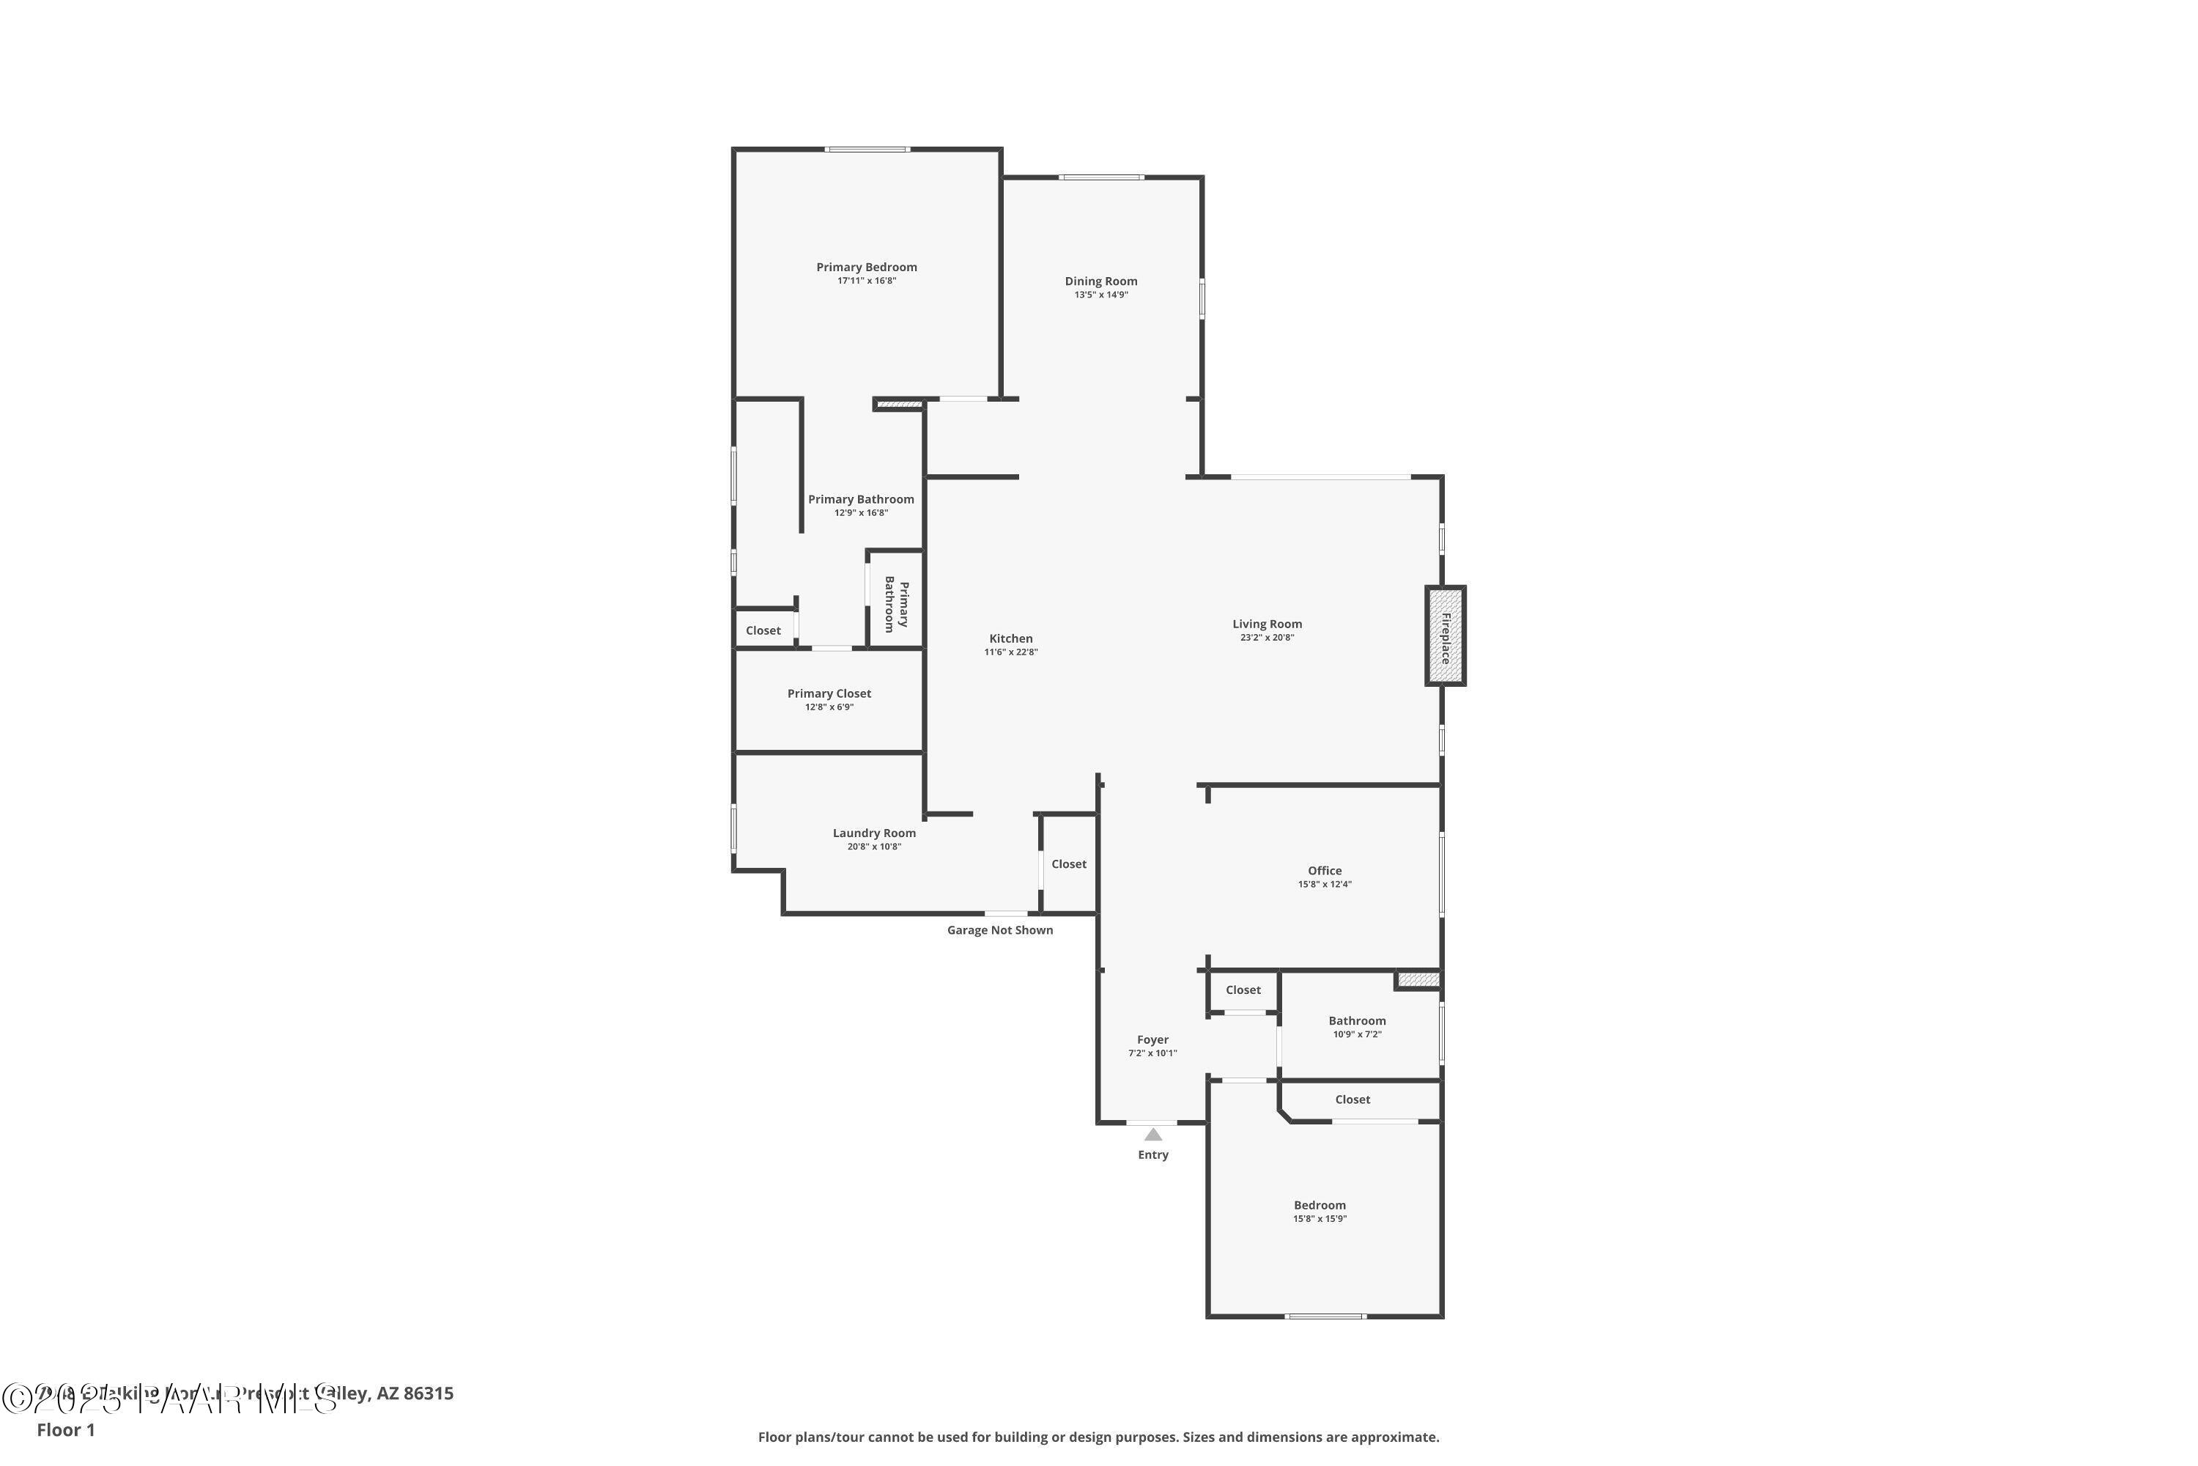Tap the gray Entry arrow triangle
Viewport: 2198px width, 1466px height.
click(x=1153, y=1135)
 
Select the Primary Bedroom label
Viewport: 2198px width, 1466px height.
click(x=866, y=268)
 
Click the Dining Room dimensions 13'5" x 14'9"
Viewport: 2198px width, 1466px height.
click(x=1101, y=295)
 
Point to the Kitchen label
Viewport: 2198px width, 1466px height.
click(x=1010, y=638)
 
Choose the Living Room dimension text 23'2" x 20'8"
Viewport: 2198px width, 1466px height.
click(x=1266, y=638)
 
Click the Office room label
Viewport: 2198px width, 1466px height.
click(x=1324, y=871)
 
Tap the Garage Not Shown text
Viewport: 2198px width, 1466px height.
click(x=999, y=930)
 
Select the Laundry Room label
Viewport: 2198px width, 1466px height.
click(x=874, y=833)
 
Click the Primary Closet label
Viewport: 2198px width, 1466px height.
click(x=829, y=693)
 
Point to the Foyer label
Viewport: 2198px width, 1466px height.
click(x=1152, y=1039)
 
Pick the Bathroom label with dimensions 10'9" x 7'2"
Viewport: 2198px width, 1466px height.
click(x=1356, y=1021)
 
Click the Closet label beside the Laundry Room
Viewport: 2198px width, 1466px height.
click(x=1068, y=864)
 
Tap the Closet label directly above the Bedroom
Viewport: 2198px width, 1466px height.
click(x=1353, y=1099)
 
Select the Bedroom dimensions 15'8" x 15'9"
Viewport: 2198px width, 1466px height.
click(x=1320, y=1219)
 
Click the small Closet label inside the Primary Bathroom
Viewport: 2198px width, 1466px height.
click(x=763, y=631)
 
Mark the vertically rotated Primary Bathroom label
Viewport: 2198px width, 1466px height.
click(x=896, y=605)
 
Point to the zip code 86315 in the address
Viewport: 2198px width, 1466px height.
click(x=428, y=1394)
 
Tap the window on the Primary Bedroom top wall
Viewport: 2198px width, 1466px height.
click(x=866, y=150)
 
